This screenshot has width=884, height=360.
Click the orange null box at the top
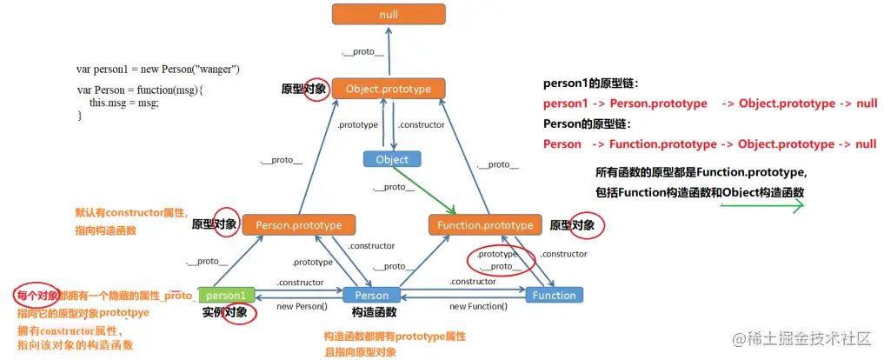click(389, 14)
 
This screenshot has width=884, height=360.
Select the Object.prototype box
click(389, 89)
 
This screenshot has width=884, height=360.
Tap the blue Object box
click(392, 159)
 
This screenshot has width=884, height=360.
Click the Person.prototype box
click(299, 225)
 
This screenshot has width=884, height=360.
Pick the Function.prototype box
click(485, 225)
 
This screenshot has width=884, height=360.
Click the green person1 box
click(227, 295)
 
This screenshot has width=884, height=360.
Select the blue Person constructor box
click(371, 295)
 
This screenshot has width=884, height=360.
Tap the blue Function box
click(554, 295)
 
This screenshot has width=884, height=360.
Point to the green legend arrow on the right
click(761, 206)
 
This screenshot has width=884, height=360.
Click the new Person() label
click(302, 306)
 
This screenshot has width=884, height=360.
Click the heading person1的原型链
click(590, 84)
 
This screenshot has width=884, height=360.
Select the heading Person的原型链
click(590, 123)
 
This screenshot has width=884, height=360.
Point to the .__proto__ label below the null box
click(363, 51)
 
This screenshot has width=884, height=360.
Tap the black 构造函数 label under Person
click(375, 312)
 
